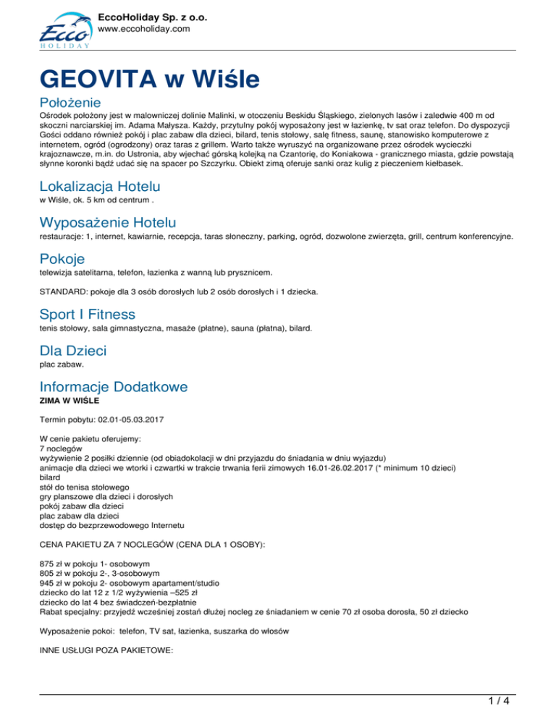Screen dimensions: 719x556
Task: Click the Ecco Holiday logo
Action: [64, 30]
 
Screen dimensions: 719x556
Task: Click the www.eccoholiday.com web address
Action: [143, 29]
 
